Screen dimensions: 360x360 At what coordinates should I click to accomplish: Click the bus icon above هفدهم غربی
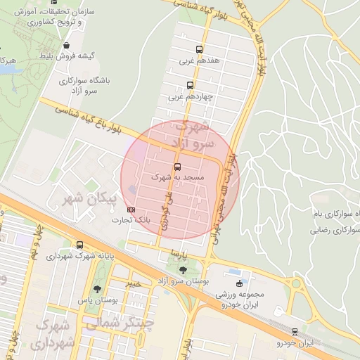click(200, 50)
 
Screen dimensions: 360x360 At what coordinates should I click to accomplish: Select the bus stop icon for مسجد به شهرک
click(176, 167)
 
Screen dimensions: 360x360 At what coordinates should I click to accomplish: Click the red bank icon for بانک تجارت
click(130, 210)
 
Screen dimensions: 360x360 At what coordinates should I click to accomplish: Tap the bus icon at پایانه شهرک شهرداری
click(79, 245)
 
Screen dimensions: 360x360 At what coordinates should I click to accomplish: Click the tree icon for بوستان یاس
click(97, 288)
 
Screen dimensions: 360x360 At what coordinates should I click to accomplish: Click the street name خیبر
click(133, 283)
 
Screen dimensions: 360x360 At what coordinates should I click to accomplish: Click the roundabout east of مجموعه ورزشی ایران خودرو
click(295, 285)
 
